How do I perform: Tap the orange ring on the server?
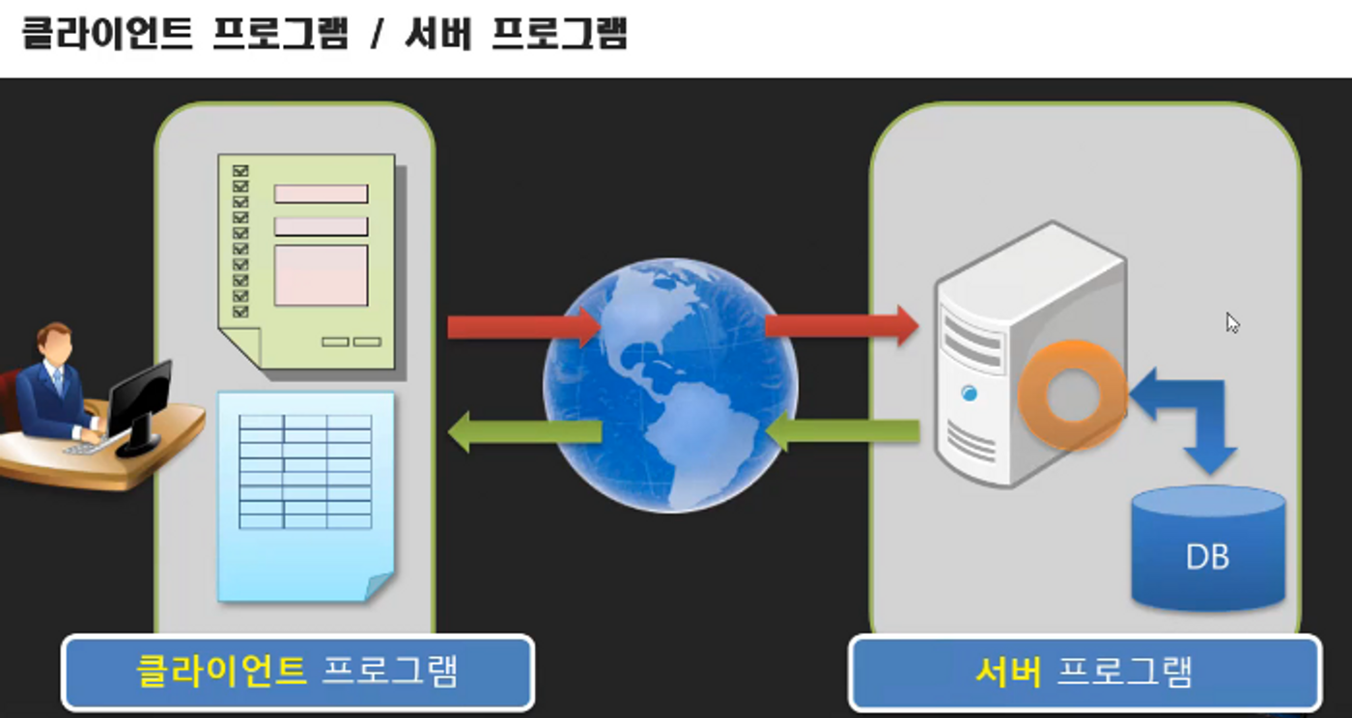pos(1071,395)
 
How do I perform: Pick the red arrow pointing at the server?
pos(840,325)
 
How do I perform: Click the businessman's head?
pos(55,342)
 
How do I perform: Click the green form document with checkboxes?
pos(307,261)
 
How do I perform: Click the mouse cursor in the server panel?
pos(1231,322)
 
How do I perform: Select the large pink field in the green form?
pos(321,275)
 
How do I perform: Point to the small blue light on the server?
pos(969,393)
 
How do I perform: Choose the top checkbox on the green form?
pos(240,171)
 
